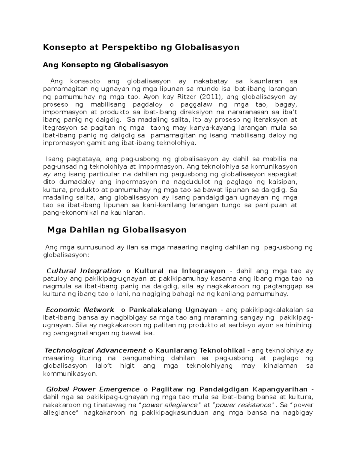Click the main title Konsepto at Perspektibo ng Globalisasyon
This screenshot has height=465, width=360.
(141, 47)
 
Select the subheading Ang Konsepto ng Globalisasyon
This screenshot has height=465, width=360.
(105, 65)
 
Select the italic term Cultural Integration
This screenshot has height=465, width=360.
(84, 271)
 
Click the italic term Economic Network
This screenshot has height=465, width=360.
(80, 310)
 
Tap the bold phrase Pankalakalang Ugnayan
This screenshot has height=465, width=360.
(173, 310)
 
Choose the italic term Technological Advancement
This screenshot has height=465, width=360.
(95, 350)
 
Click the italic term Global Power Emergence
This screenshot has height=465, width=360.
(93, 389)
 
